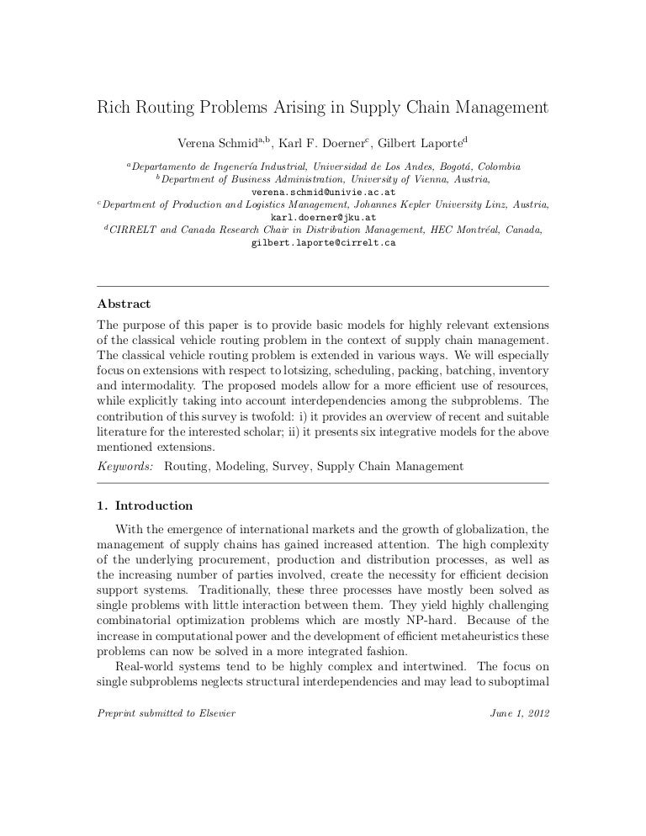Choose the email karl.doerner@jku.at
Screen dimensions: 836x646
click(323, 217)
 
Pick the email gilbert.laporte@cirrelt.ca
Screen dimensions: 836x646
click(323, 243)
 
